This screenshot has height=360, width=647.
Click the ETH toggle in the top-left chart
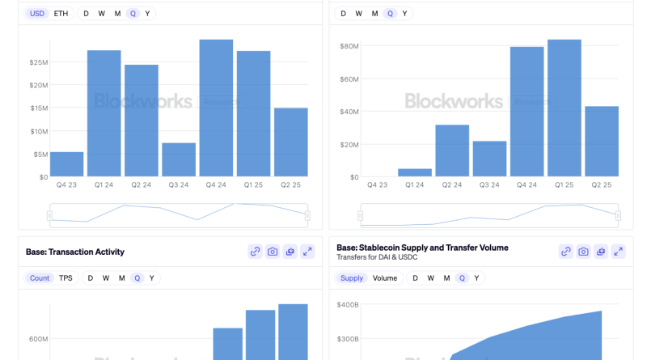[61, 14]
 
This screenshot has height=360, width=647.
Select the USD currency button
[36, 14]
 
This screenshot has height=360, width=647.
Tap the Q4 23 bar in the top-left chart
[66, 164]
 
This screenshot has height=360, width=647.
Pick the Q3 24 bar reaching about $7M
[179, 159]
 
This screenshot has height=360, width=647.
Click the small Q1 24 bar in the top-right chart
[415, 172]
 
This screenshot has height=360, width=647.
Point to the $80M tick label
[349, 46]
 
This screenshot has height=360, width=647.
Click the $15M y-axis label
[38, 108]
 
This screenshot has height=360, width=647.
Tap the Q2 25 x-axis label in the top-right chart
[601, 185]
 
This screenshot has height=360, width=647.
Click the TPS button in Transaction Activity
[66, 278]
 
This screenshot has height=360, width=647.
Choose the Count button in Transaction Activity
[40, 278]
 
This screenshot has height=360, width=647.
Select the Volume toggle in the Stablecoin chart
[385, 278]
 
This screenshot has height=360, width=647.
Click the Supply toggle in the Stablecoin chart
[352, 278]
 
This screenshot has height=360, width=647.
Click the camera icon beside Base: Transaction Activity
[273, 252]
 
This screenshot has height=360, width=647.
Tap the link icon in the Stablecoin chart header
[566, 252]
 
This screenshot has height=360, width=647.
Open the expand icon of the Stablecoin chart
[618, 252]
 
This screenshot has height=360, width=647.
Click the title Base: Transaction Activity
[75, 252]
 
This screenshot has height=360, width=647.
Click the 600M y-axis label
[38, 339]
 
